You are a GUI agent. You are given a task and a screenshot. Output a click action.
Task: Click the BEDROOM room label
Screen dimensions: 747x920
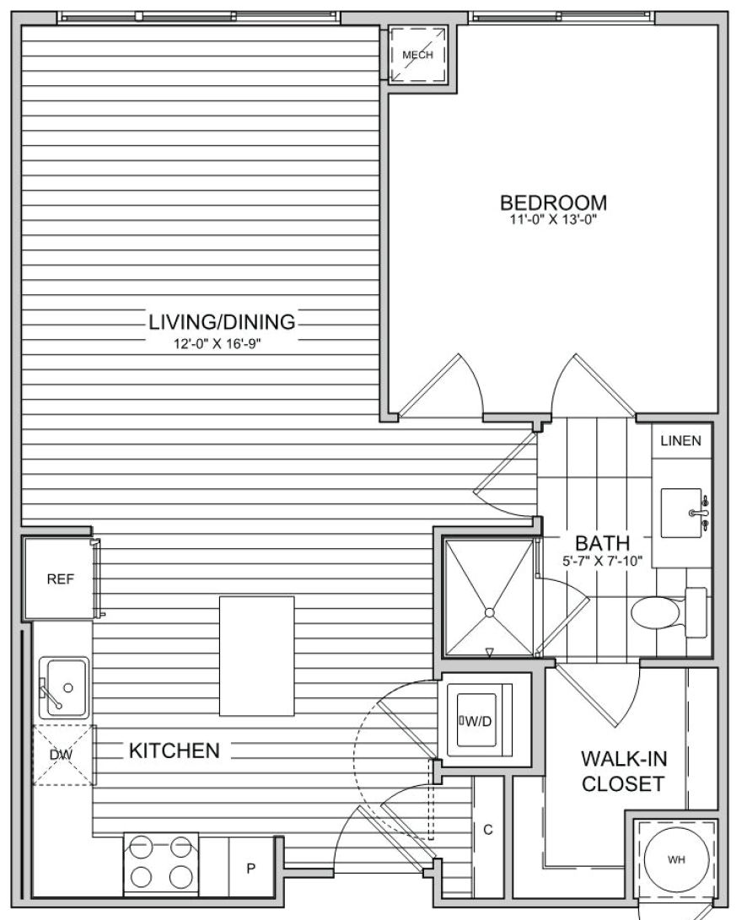(553, 202)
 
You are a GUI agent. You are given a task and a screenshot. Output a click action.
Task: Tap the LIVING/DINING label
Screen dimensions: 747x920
(222, 321)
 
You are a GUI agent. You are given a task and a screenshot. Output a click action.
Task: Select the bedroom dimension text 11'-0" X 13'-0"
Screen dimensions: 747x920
(553, 221)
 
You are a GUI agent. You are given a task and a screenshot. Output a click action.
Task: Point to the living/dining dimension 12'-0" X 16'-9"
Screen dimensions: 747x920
(217, 344)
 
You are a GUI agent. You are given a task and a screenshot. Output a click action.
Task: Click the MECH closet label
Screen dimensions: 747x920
(418, 55)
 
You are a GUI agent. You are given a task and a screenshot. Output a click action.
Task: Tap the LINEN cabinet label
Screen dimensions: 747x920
(680, 441)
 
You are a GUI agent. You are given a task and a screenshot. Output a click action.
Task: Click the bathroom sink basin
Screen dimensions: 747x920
(681, 513)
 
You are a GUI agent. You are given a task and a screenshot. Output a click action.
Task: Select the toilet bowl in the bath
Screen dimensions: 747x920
(655, 613)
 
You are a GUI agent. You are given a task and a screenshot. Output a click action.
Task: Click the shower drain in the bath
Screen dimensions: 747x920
(489, 612)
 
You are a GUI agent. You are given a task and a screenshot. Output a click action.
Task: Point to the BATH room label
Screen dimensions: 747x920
(602, 543)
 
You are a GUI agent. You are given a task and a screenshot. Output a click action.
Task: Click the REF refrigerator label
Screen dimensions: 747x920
(61, 579)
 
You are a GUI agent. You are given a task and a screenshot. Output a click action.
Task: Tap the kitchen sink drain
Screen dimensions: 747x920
(68, 687)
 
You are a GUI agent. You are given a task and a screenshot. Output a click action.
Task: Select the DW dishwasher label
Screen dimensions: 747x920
(61, 755)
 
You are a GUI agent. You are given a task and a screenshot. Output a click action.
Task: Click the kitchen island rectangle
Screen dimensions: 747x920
(257, 656)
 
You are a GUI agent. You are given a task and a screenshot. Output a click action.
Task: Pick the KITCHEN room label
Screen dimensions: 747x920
(175, 751)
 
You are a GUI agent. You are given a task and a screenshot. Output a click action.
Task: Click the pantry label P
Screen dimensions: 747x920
(250, 869)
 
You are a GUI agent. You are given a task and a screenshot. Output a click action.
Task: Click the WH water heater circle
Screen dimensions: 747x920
(676, 859)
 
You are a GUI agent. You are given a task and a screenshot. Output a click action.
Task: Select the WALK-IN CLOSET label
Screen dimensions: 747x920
(624, 771)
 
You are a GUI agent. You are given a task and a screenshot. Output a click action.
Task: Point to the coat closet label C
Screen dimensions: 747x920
(487, 830)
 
